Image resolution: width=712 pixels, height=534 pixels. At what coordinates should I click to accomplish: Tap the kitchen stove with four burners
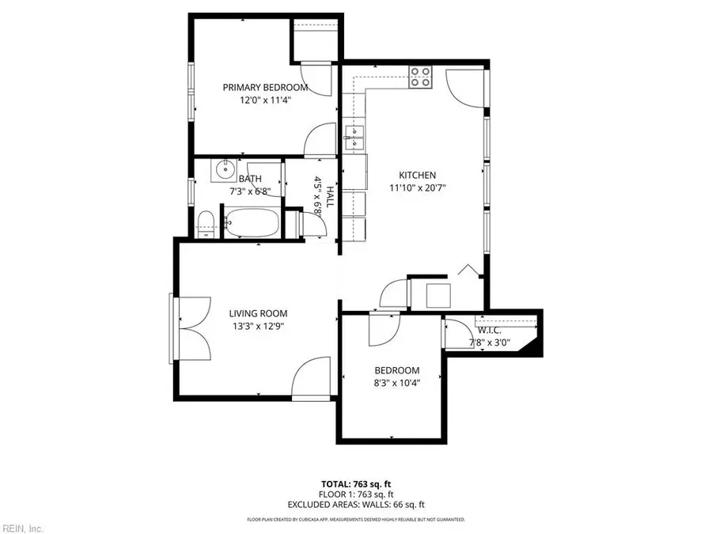pos(421,77)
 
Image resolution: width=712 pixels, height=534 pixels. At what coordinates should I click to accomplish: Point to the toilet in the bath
pos(206,222)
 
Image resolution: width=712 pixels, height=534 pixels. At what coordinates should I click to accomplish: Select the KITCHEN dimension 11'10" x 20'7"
pos(417,187)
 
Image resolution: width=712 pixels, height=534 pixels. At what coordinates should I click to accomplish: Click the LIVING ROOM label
pos(258,312)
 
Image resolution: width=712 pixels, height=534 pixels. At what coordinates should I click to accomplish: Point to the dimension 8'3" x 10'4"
pos(397,383)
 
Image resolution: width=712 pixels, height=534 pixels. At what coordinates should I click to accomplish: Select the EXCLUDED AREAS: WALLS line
pos(356,504)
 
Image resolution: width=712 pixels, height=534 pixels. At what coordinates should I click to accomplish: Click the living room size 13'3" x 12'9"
pos(258,325)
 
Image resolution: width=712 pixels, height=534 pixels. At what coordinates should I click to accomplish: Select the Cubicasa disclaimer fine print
pos(356,520)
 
